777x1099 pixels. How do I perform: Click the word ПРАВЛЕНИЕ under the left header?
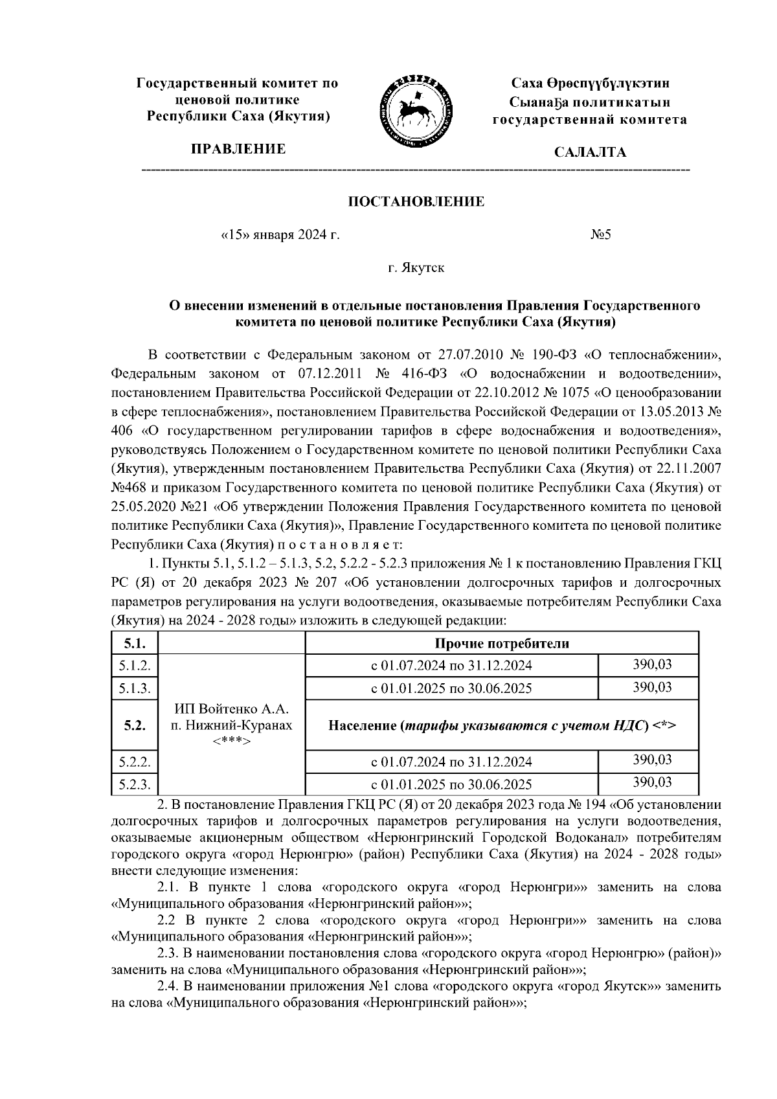pos(237,150)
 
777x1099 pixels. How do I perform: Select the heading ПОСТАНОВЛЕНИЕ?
pos(417,202)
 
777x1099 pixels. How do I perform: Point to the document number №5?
pos(600,235)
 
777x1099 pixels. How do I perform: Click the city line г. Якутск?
pos(416,267)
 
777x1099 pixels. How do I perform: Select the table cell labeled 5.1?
pos(134,644)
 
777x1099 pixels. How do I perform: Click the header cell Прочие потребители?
pos(501,644)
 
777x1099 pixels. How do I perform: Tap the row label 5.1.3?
pos(134,688)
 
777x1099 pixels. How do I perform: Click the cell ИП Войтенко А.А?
pos(231,709)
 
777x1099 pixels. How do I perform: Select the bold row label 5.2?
pos(134,725)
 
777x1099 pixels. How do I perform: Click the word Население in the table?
pos(363,725)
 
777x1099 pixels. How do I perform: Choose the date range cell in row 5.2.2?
pos(451,762)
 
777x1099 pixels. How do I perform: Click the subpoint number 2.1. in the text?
pos(170,887)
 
